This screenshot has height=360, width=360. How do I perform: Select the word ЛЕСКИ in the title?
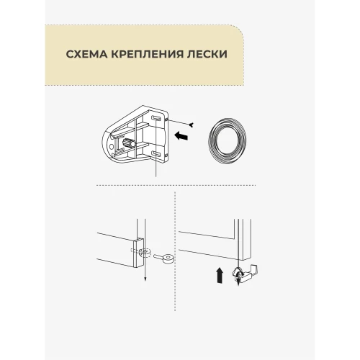[x=207, y=54]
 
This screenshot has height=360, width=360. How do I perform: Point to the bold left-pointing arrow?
[x=181, y=136]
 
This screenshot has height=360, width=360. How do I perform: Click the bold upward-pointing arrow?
[x=220, y=276]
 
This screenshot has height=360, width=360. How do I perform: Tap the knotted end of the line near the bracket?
[x=192, y=125]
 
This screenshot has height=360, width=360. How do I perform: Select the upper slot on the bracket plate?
[x=156, y=117]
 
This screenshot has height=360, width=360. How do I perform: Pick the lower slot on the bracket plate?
[x=156, y=153]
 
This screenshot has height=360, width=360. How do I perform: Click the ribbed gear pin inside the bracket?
[x=129, y=144]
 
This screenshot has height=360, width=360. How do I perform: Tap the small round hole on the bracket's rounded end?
[x=112, y=146]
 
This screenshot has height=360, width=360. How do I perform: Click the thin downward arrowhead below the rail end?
[x=145, y=279]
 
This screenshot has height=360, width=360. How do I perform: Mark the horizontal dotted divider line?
[x=176, y=185]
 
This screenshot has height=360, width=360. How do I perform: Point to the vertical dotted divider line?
[x=175, y=251]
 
